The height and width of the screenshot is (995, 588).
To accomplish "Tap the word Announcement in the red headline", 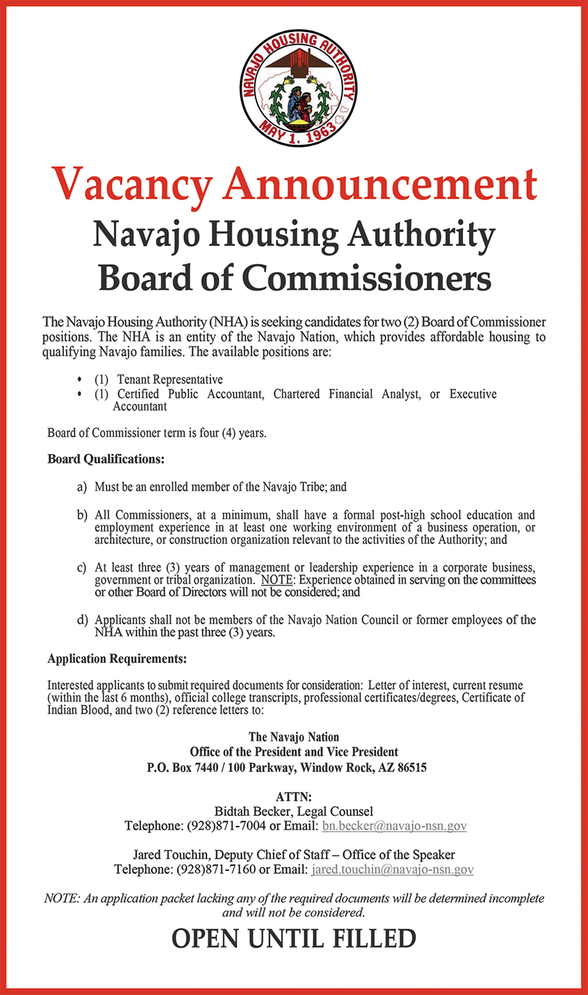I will [x=380, y=185].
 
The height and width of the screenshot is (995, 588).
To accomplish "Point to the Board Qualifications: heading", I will [x=106, y=460].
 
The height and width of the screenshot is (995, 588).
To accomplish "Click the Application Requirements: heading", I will [x=117, y=659].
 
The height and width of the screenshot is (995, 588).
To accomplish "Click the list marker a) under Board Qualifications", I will [x=82, y=487].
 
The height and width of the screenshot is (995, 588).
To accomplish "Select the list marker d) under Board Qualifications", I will [x=82, y=620].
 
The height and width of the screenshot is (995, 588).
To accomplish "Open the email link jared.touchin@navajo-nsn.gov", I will [x=392, y=869].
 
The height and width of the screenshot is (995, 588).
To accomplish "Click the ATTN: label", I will [x=294, y=797].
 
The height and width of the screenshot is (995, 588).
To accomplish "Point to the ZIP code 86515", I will [x=411, y=767].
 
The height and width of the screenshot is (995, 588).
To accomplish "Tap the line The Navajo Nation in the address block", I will [x=294, y=738].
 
